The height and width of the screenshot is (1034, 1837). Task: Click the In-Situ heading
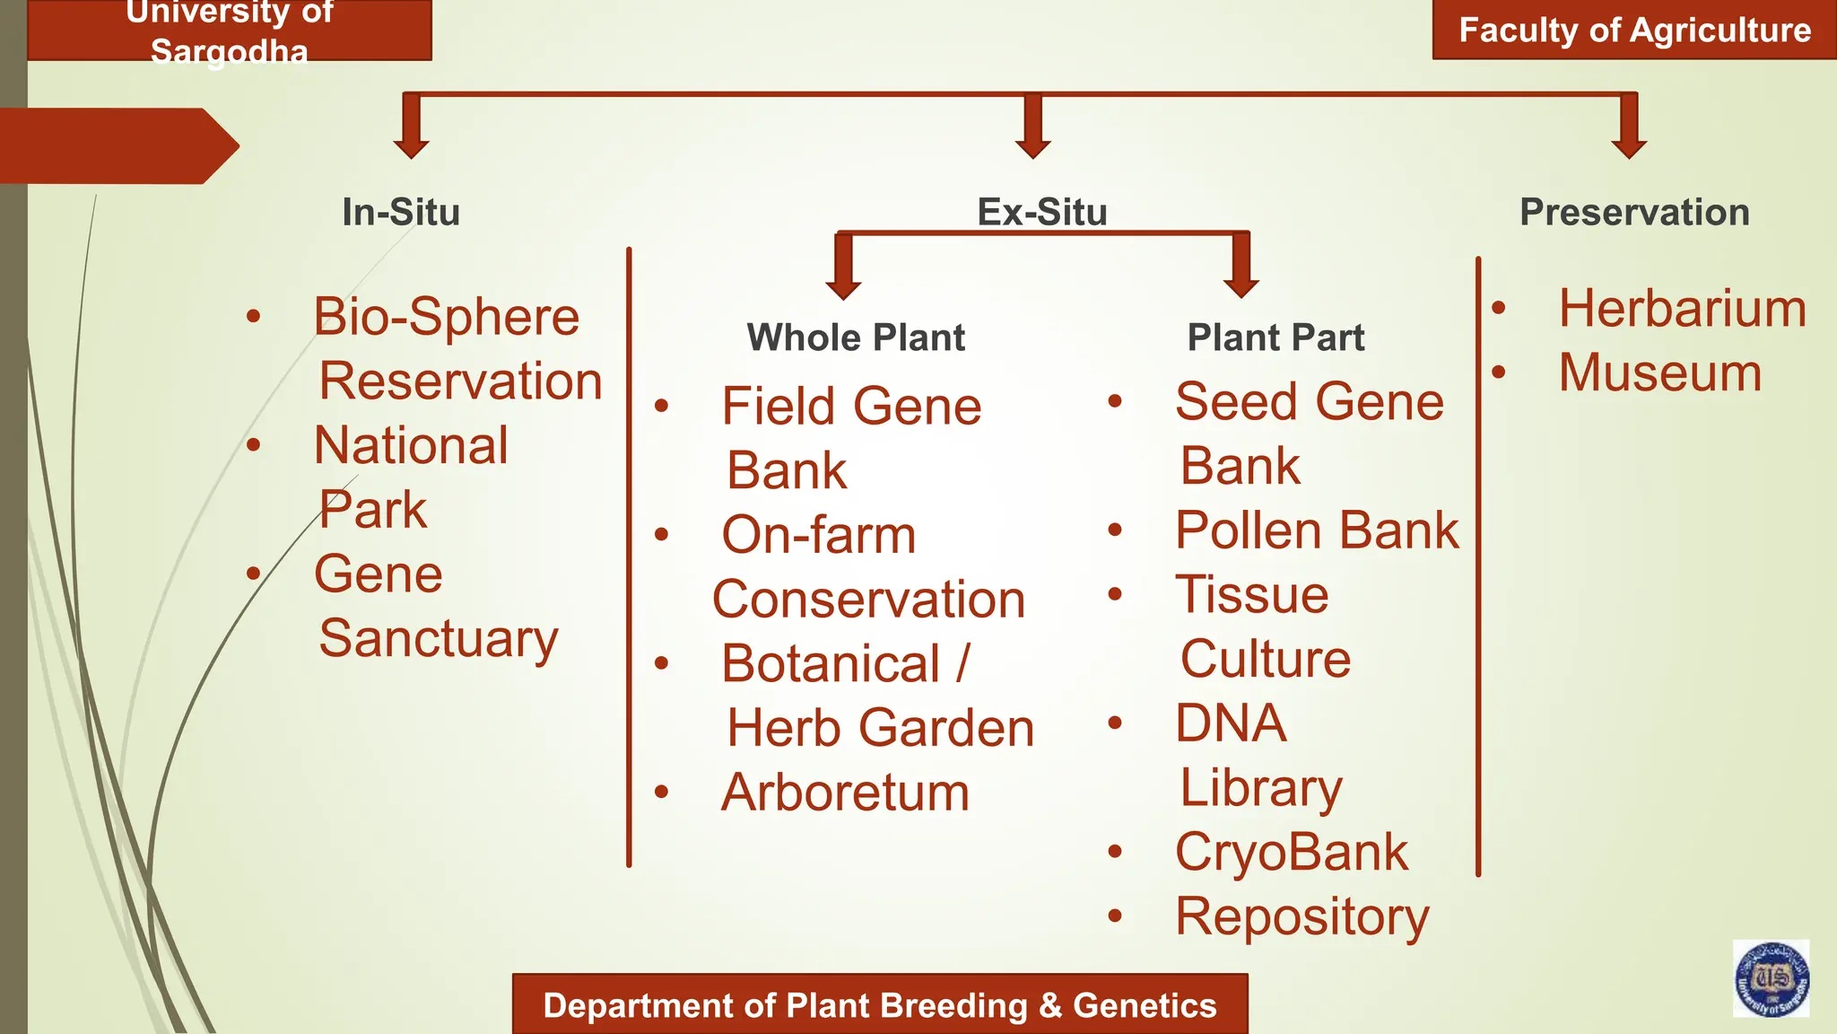click(x=401, y=213)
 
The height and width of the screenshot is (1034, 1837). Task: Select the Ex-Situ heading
click(x=1041, y=213)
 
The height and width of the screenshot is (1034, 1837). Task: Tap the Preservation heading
click(x=1634, y=213)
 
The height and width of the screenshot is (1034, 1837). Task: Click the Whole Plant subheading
click(x=856, y=338)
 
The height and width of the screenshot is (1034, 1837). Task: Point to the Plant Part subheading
click(x=1275, y=338)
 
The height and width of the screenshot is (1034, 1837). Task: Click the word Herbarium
click(x=1682, y=309)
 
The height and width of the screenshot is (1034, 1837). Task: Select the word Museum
click(x=1659, y=372)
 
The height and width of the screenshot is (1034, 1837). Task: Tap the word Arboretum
click(x=845, y=793)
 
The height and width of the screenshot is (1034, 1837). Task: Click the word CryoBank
click(x=1292, y=852)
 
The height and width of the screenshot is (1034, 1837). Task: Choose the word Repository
click(x=1302, y=917)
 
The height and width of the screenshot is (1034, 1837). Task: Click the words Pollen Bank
click(x=1317, y=530)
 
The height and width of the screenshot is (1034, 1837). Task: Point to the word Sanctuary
click(x=439, y=639)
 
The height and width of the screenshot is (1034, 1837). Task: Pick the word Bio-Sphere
click(x=446, y=317)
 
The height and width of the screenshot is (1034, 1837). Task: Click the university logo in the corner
click(x=1771, y=978)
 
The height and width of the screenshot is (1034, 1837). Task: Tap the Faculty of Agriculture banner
click(x=1634, y=31)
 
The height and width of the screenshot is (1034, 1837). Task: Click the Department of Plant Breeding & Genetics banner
click(x=879, y=1005)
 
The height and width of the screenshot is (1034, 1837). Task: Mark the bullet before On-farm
click(x=662, y=535)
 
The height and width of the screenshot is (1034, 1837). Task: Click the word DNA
click(x=1231, y=723)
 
